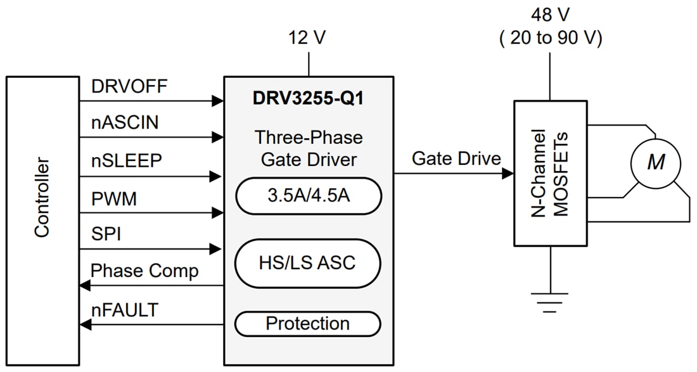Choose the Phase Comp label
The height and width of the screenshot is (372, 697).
coord(144,271)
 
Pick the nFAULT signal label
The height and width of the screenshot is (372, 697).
coord(124,311)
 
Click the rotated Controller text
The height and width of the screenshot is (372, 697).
coord(42,198)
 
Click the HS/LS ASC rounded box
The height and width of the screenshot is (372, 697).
coord(308,262)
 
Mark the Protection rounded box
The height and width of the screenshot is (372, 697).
coord(308,324)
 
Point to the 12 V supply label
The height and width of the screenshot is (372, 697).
coord(308,37)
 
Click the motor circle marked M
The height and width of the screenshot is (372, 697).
coord(655,163)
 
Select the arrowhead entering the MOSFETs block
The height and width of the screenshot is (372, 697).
coord(508,174)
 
